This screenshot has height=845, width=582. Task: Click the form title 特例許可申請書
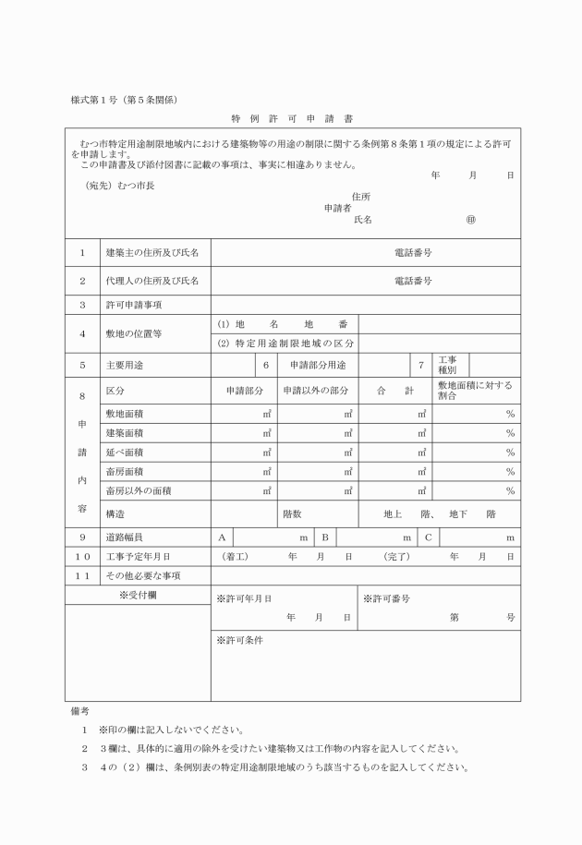tap(292, 119)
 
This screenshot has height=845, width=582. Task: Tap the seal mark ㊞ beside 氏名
tap(470, 220)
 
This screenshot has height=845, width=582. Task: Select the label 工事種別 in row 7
tap(447, 365)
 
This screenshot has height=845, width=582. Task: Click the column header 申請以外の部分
tap(316, 392)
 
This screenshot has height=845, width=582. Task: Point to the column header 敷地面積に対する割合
tap(475, 391)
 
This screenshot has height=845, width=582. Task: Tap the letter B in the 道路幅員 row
tap(325, 537)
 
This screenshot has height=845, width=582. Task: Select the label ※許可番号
tap(386, 598)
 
